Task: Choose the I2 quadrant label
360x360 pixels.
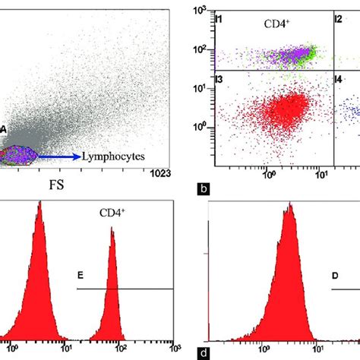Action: [339, 17]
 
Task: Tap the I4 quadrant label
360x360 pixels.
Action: [339, 78]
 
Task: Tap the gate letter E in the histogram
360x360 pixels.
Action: [81, 279]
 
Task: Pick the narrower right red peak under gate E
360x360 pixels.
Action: [112, 304]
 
